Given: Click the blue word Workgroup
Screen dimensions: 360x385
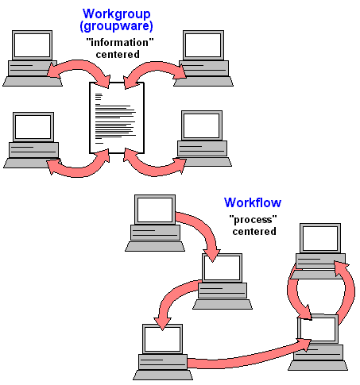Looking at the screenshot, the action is (116, 13).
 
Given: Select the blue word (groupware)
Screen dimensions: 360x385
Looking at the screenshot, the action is (116, 26).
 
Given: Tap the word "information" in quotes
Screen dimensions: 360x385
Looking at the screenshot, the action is (120, 42).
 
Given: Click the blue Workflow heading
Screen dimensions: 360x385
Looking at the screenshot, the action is (253, 202).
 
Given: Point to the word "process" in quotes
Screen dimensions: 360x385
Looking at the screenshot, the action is (253, 220).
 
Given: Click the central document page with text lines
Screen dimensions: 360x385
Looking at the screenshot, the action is (117, 117).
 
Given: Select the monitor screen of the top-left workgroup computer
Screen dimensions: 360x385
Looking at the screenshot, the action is (32, 45).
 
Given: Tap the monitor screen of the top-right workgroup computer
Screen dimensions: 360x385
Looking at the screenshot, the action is (203, 45).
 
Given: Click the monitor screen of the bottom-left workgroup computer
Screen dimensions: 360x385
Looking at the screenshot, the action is (33, 127).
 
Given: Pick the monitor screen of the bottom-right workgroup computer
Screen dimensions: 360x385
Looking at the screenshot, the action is (202, 125).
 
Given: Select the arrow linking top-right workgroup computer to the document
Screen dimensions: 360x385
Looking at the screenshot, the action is (157, 67).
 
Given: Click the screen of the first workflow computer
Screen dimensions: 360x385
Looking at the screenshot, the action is (155, 210).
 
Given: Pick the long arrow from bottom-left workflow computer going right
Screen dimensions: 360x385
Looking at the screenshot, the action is (249, 359).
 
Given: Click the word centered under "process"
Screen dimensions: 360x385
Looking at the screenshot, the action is (254, 232).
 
